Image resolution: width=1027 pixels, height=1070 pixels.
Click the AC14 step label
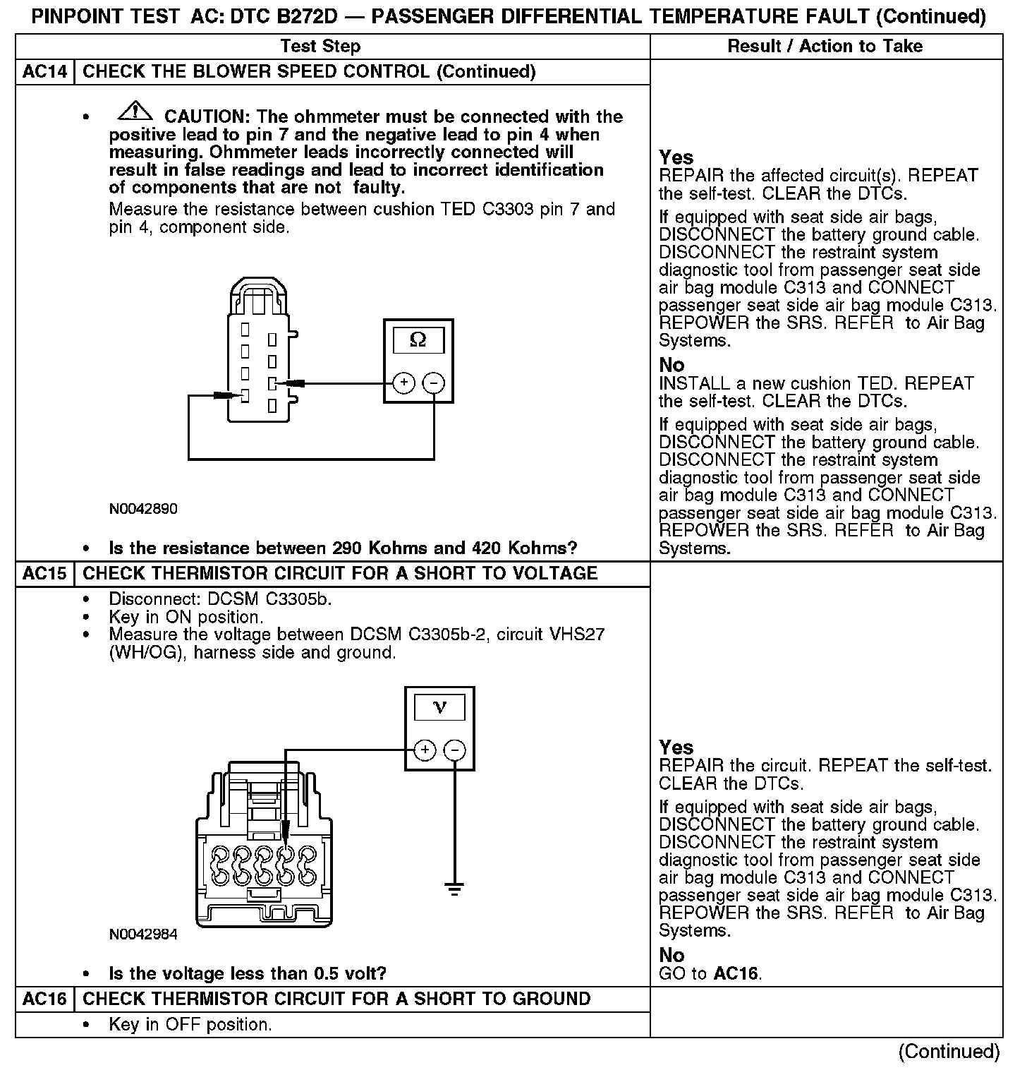click(44, 72)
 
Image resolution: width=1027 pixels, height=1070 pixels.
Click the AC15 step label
click(44, 573)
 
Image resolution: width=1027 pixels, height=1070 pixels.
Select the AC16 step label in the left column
click(44, 999)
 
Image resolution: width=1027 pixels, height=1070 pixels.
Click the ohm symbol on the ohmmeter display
click(418, 340)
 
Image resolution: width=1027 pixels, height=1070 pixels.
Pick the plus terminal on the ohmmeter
click(403, 383)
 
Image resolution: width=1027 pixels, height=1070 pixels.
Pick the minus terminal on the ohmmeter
click(433, 383)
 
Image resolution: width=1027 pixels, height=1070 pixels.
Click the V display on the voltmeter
click(439, 707)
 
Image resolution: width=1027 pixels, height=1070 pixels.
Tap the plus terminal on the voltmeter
click(425, 750)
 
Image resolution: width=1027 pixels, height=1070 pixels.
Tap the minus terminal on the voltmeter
click(455, 750)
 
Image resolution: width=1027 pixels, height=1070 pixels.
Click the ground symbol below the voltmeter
click(455, 888)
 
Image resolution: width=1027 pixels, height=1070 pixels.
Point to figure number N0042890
click(143, 509)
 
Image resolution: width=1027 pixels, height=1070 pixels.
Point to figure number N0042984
click(143, 934)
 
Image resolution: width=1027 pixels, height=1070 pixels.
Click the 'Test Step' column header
click(320, 47)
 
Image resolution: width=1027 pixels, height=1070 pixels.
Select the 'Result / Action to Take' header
click(825, 47)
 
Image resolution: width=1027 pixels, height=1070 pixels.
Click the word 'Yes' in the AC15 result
click(676, 747)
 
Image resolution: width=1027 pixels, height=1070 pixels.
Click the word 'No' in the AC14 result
click(671, 365)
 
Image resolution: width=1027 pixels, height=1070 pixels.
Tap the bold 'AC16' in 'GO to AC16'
click(736, 974)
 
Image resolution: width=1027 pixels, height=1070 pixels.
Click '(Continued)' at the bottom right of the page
click(949, 1051)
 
